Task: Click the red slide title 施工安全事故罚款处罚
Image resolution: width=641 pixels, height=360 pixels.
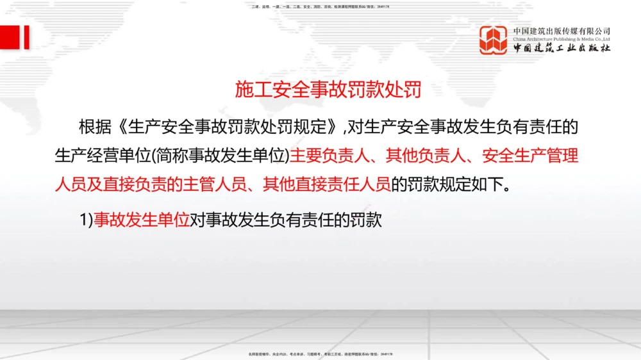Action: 328,90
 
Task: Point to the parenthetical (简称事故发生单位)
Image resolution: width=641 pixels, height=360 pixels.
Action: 212,155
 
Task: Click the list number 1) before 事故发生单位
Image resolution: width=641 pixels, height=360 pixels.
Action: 86,220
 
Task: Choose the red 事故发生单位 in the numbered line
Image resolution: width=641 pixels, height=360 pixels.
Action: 142,220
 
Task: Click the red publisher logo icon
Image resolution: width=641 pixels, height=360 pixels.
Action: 494,40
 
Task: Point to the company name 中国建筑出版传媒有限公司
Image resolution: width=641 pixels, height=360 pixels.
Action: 562,31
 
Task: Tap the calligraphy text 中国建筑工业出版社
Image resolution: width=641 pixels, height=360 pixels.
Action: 562,49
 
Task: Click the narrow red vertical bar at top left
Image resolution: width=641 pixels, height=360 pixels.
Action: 27,37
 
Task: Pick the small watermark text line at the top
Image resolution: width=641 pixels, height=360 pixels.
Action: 320,6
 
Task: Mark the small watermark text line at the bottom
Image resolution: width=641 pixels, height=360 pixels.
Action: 320,354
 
